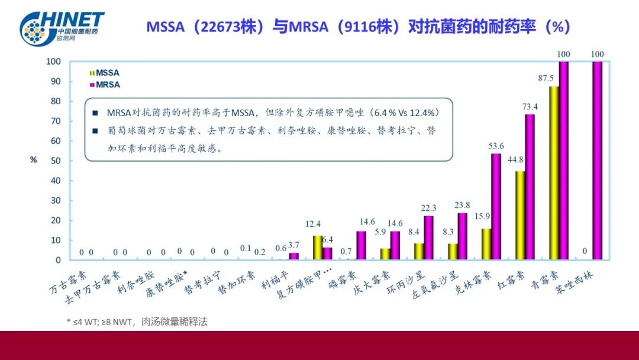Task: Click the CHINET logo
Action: (x=62, y=26)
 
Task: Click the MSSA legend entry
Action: (x=104, y=73)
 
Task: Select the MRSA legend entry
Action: (x=104, y=85)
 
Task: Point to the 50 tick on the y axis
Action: (x=54, y=160)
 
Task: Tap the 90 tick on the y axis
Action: (x=54, y=81)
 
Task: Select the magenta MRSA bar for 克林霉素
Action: (x=496, y=207)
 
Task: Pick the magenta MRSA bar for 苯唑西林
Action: (x=597, y=160)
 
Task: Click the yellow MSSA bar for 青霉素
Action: (x=554, y=173)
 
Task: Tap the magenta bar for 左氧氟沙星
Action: (x=463, y=236)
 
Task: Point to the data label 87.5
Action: (x=546, y=78)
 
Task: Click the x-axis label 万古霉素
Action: (x=67, y=281)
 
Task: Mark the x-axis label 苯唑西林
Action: (x=583, y=282)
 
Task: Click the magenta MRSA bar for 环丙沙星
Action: (x=429, y=237)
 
